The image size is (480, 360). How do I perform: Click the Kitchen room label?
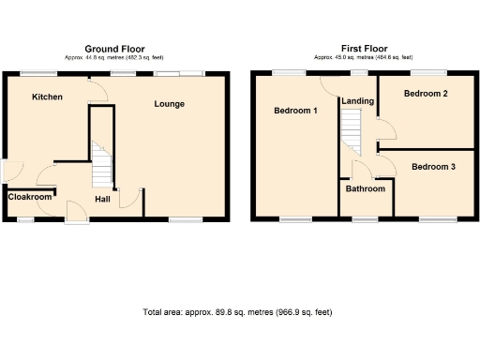46,97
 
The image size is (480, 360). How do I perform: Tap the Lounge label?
170,104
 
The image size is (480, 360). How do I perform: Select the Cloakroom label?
30,198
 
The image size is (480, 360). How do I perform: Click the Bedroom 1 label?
294,111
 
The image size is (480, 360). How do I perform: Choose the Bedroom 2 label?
425,94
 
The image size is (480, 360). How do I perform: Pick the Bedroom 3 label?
433,167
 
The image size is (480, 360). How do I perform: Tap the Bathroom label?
365,189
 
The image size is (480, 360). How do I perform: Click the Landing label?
359,101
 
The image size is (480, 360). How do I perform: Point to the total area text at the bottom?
237,312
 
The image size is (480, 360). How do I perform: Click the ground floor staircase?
101,165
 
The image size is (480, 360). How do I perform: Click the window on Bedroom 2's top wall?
427,72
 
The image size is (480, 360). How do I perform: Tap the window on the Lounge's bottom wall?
185,218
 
